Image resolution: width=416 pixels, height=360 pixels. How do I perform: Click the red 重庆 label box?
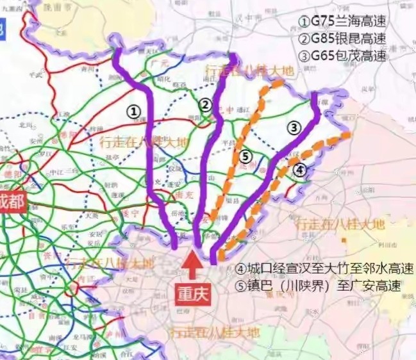click(192, 295)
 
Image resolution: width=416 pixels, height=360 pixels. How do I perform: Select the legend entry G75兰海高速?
click(342, 21)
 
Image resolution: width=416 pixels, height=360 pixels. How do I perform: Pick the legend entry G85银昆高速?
click(342, 38)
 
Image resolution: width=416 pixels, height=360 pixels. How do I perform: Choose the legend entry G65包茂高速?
click(342, 56)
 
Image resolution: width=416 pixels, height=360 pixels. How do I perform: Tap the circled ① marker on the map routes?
click(133, 111)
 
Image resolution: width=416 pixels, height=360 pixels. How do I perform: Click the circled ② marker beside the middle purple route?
click(204, 105)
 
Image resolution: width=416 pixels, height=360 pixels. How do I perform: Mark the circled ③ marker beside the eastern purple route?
click(294, 127)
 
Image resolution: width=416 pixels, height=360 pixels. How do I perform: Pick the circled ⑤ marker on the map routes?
click(244, 156)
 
